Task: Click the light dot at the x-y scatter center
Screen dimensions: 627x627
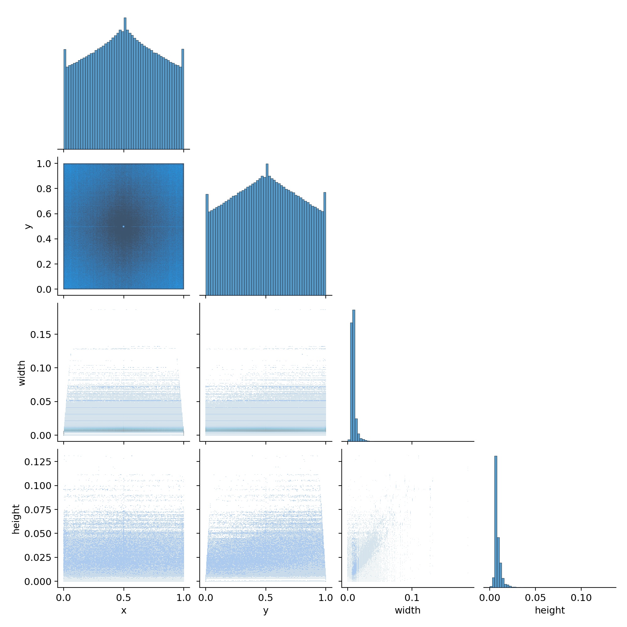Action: tap(124, 226)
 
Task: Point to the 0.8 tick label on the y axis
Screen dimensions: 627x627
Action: tap(44, 188)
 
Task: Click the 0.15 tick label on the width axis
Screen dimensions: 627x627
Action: tap(40, 334)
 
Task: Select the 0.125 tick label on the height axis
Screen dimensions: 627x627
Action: tap(38, 461)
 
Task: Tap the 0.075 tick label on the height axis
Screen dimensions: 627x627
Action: tap(38, 510)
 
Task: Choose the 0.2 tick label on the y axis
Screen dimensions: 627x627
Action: tap(44, 264)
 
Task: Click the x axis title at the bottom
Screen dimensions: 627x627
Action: tap(124, 611)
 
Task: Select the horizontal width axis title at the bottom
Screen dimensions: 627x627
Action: tap(408, 610)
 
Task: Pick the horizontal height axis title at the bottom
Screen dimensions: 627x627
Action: tap(550, 610)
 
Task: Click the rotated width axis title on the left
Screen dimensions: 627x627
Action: tap(22, 373)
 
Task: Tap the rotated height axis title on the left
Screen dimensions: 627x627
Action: tap(16, 519)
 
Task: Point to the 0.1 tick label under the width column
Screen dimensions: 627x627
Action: tap(412, 598)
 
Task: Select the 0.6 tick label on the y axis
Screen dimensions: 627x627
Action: tap(44, 214)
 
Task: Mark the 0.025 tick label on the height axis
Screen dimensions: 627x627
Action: tap(38, 557)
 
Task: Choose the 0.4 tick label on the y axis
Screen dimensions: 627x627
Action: tap(44, 239)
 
